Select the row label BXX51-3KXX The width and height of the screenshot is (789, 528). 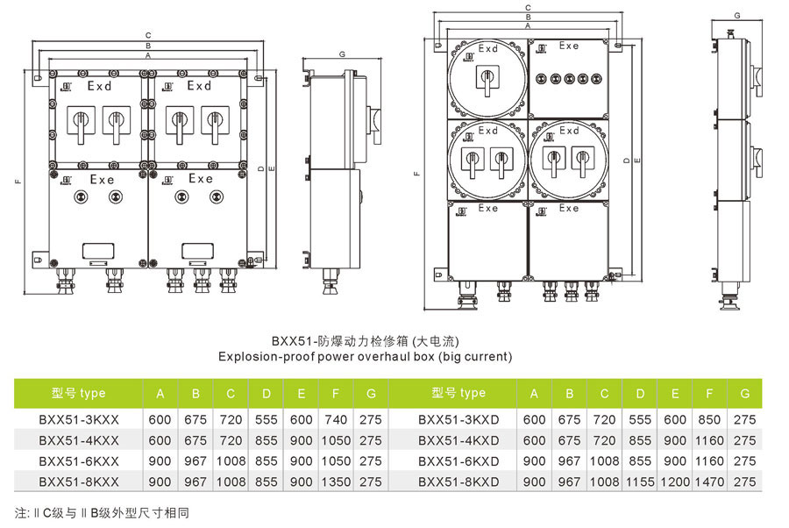pos(79,419)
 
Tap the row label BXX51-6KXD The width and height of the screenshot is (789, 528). pos(458,460)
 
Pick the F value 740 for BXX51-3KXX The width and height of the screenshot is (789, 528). pos(336,419)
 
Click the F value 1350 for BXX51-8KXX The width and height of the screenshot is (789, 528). pos(336,482)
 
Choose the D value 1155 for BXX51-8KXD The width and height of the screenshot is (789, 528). pos(640,482)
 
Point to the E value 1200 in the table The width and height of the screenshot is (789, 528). pos(675,482)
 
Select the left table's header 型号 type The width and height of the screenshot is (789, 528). pos(79,393)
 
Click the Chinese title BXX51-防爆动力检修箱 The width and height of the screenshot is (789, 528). pos(365,340)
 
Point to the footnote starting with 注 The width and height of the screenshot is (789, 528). pos(102,512)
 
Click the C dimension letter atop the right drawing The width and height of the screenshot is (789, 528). pos(528,8)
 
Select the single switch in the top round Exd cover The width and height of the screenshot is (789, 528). pos(487,80)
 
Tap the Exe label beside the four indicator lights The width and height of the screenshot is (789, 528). pos(569,46)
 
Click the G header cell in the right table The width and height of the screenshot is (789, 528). pos(744,393)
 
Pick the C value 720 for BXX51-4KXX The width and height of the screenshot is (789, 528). pos(231,440)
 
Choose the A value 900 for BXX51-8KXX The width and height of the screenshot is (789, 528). pos(160,482)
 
